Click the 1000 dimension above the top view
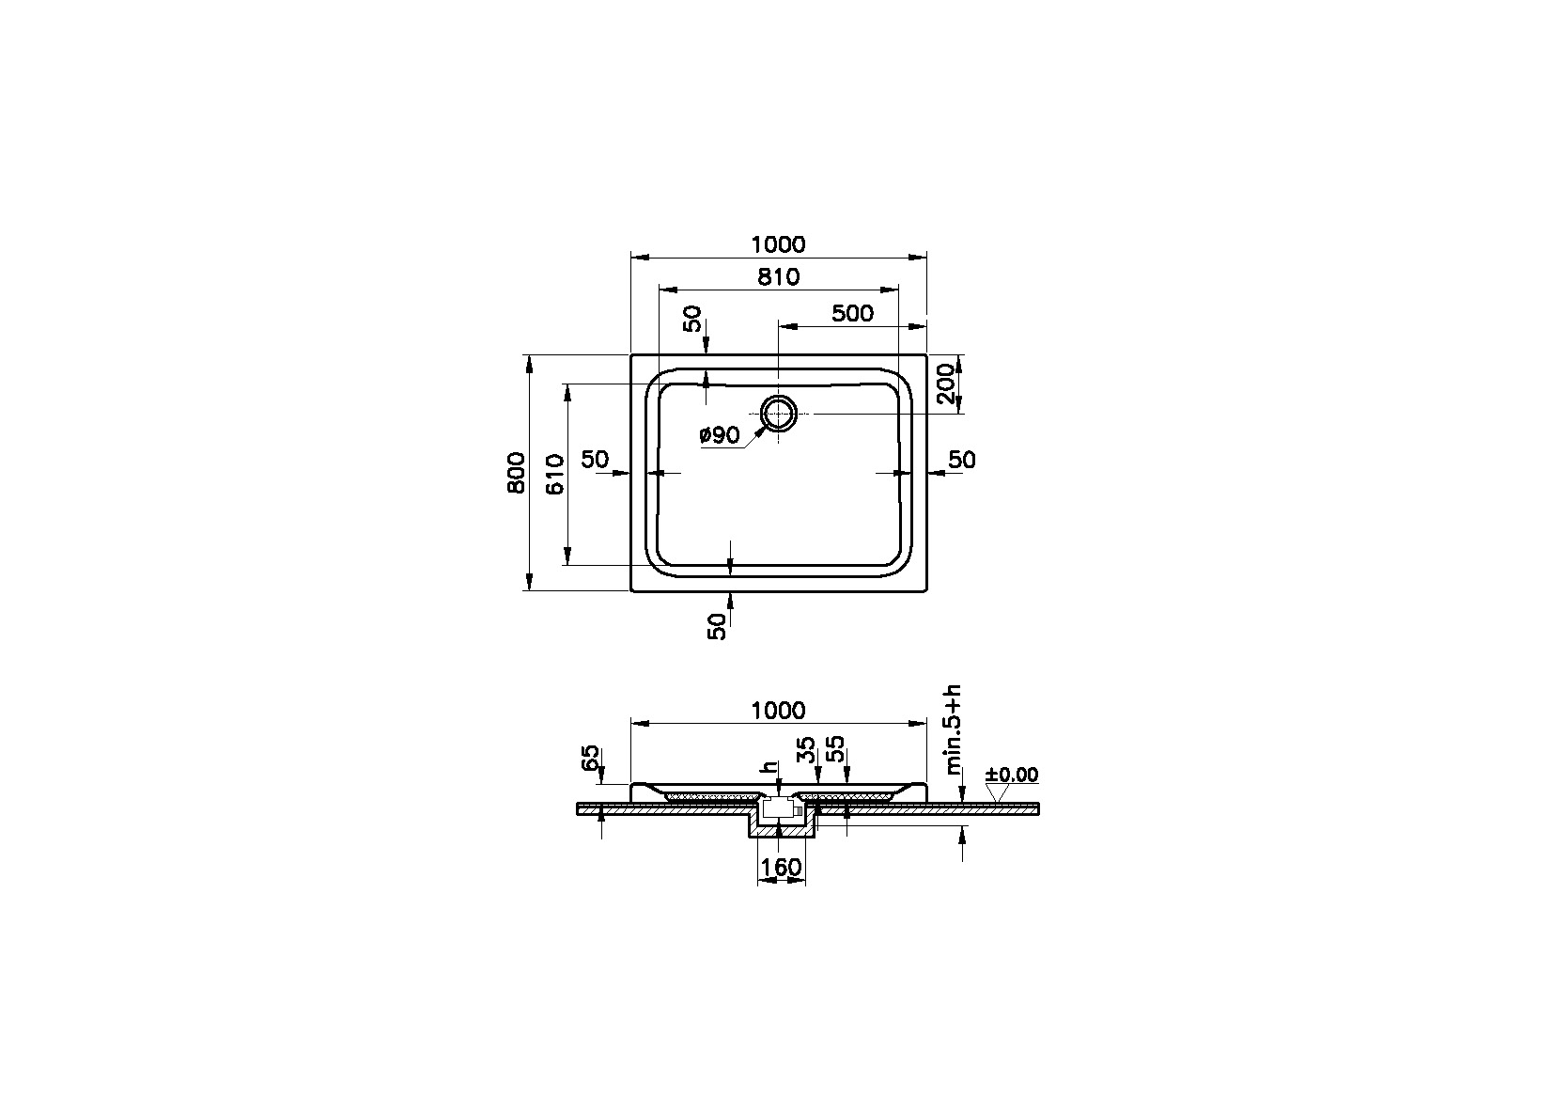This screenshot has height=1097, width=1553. (x=778, y=244)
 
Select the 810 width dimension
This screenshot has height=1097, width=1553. (x=778, y=277)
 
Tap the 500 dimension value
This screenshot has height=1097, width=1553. (x=852, y=313)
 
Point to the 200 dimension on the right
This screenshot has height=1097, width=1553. (x=946, y=384)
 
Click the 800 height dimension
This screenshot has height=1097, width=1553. (x=515, y=474)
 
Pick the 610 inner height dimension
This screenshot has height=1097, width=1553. (x=554, y=475)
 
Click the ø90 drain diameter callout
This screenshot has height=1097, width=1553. (x=720, y=434)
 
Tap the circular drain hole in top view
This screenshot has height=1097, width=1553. (x=779, y=414)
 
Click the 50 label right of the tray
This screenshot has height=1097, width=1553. (x=962, y=460)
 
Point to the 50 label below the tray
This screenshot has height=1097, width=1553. (x=718, y=626)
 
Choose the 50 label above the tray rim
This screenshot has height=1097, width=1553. (x=692, y=319)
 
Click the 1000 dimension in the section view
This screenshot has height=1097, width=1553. (x=778, y=711)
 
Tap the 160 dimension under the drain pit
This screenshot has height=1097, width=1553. (x=781, y=867)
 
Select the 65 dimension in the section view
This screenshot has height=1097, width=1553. (x=591, y=759)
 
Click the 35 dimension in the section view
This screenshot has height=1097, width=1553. (x=806, y=751)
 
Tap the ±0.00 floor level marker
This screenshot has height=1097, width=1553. (x=1011, y=776)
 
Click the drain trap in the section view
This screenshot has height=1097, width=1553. (x=780, y=807)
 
